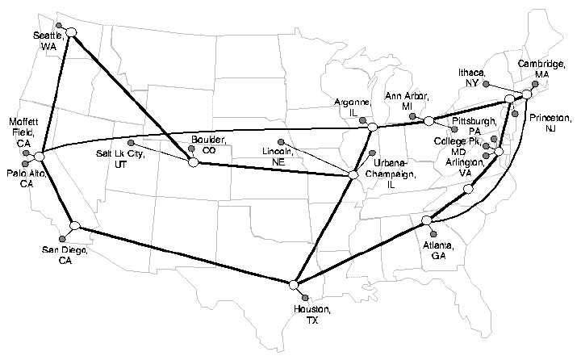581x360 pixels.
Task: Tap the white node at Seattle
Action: [71, 32]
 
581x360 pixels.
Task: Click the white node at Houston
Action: [295, 284]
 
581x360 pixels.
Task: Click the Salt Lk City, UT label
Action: [120, 158]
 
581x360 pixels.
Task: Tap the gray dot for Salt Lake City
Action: [131, 144]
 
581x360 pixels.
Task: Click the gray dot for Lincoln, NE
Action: [280, 143]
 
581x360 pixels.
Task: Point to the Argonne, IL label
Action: [352, 107]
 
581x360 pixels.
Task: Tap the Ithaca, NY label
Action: [473, 77]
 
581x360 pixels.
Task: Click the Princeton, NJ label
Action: [551, 123]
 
